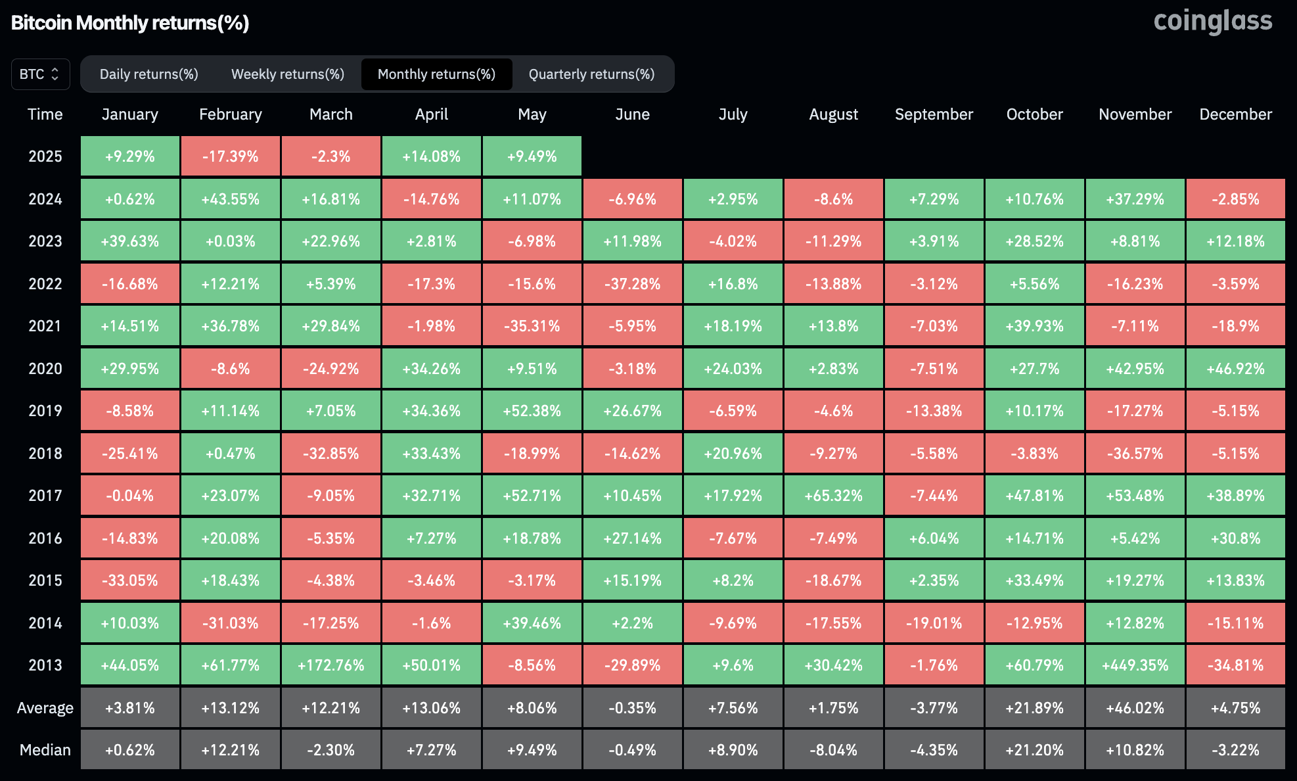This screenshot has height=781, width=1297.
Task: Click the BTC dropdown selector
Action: tap(40, 74)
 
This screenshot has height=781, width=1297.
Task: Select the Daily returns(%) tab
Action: tap(148, 74)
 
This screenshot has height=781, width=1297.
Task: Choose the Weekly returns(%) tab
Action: tap(287, 74)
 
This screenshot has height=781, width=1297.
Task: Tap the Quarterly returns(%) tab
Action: tap(591, 74)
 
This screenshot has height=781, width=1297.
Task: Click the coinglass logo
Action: tap(1212, 21)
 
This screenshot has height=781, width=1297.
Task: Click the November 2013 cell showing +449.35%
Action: tap(1135, 665)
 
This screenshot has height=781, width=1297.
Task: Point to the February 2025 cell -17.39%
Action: tap(230, 156)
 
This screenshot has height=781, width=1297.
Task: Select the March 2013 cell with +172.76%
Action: tap(330, 665)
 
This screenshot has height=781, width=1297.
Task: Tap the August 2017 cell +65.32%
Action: tap(833, 496)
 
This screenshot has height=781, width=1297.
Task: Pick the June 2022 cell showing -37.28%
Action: tap(632, 284)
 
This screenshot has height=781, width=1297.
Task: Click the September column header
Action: tap(934, 114)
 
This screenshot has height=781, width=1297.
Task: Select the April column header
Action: tap(431, 114)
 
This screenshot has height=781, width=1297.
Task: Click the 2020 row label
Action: tap(45, 369)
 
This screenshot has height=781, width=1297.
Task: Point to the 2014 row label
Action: tap(45, 623)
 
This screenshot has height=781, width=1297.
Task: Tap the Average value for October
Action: tap(1034, 708)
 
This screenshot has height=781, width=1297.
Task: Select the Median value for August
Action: tap(833, 750)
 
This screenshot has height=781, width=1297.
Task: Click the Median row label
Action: tap(45, 750)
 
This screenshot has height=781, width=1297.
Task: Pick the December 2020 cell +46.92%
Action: tap(1235, 369)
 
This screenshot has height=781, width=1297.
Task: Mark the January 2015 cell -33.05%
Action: tap(129, 580)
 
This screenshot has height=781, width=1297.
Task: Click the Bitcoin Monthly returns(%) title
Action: tap(129, 23)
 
